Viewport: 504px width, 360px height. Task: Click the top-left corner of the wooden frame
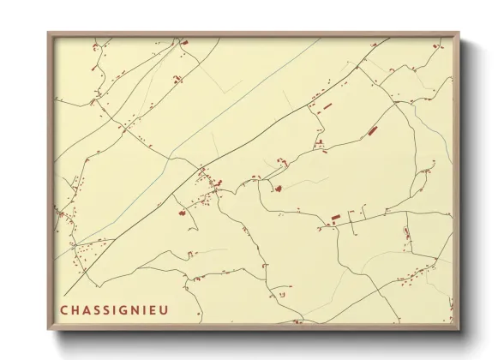coord(48,33)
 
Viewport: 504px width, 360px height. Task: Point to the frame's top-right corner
coord(459,33)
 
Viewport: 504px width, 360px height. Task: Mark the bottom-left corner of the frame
coord(48,330)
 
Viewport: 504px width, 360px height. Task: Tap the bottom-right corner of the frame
coord(459,330)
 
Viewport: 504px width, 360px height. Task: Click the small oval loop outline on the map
coord(406,232)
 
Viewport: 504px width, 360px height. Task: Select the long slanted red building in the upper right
coord(372,131)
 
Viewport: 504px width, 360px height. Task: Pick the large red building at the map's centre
coord(278,187)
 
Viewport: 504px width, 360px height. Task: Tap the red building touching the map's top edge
coord(183,41)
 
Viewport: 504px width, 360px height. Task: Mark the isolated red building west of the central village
coord(182,213)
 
